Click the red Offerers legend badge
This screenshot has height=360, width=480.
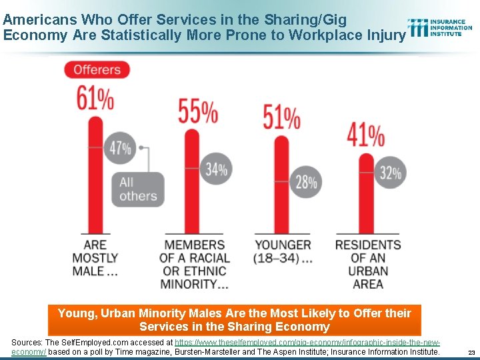click(x=97, y=69)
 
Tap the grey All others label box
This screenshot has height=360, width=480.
click(x=138, y=189)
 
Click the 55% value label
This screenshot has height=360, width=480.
click(x=198, y=112)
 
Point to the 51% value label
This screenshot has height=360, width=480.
click(x=281, y=118)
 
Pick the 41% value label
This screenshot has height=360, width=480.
click(x=365, y=135)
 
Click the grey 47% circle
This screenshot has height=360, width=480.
click(x=121, y=148)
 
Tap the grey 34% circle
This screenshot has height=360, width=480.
click(x=216, y=169)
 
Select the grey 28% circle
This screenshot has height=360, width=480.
click(x=306, y=181)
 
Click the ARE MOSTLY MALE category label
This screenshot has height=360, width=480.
click(x=95, y=258)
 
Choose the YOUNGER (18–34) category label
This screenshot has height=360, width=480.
click(x=283, y=251)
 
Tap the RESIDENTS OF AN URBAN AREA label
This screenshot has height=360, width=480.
click(x=367, y=264)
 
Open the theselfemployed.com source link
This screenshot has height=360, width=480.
click(x=307, y=342)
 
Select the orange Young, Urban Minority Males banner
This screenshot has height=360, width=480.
click(x=235, y=320)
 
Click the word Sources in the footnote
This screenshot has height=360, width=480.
click(x=27, y=342)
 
